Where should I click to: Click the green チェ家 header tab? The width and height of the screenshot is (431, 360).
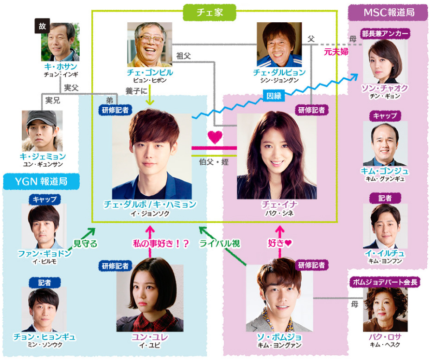(x=209, y=12)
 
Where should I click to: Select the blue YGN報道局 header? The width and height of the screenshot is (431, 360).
(x=42, y=181)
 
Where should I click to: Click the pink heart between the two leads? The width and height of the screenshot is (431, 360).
(x=215, y=137)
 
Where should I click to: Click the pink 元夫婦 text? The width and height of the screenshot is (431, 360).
(x=336, y=52)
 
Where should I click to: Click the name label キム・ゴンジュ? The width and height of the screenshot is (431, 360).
(x=385, y=171)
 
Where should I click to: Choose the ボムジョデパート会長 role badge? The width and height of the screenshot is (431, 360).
(x=386, y=282)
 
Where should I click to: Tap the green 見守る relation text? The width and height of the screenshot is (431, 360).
(x=86, y=244)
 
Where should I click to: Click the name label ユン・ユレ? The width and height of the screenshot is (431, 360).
(x=150, y=337)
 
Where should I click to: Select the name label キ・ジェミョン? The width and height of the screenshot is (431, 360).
(x=42, y=156)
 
